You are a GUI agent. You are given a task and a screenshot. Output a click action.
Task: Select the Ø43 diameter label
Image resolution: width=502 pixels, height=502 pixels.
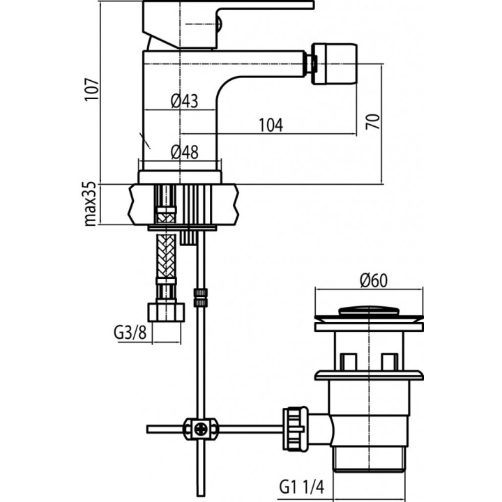tap(184, 102)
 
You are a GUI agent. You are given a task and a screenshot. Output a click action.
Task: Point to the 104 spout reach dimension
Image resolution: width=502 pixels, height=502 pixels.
tap(271, 125)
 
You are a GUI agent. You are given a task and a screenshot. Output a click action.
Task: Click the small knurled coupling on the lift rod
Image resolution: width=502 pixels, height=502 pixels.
tap(200, 298)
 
